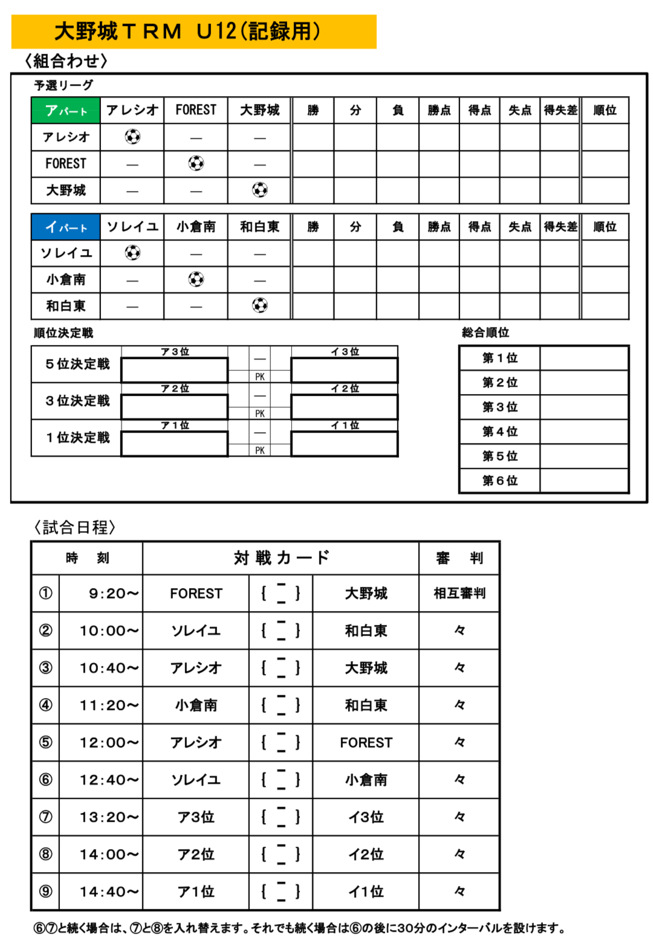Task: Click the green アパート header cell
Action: tap(65, 111)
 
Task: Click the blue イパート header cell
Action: tap(65, 227)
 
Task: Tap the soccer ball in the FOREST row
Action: tap(196, 163)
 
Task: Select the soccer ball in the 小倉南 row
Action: tap(196, 279)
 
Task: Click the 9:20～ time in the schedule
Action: tap(113, 593)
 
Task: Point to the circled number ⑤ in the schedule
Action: tap(45, 742)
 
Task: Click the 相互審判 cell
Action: tap(459, 593)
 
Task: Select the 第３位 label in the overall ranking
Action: tap(499, 407)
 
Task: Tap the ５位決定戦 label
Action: tap(77, 364)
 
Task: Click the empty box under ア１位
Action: tap(175, 444)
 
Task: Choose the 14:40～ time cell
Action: tap(109, 891)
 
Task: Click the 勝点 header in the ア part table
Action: tap(439, 111)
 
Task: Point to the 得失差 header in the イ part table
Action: tap(560, 227)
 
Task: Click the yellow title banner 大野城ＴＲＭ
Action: tap(193, 31)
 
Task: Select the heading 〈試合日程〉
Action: tap(74, 527)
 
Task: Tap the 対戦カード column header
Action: tap(281, 558)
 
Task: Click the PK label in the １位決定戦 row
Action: tap(259, 450)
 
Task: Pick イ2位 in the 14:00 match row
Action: tap(366, 854)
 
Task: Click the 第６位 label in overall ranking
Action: tap(499, 480)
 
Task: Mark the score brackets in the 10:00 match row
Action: tap(281, 630)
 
